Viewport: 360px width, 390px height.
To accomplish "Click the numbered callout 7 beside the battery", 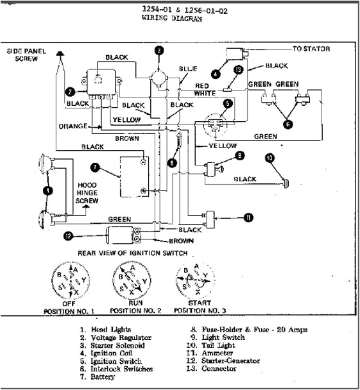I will pyautogui.click(x=95, y=168).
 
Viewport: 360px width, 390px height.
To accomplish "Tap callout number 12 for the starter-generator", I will pyautogui.click(x=69, y=235).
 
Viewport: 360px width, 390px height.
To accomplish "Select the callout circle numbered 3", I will pyautogui.click(x=159, y=50).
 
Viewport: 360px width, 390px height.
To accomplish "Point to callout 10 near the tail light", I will pyautogui.click(x=270, y=157).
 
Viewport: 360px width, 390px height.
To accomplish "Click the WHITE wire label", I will pyautogui.click(x=205, y=94).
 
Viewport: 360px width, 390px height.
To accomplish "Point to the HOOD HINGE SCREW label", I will pyautogui.click(x=87, y=192).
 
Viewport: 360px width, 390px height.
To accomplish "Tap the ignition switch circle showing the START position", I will pyautogui.click(x=196, y=280).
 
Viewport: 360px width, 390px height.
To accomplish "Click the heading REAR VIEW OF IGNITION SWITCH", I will pyautogui.click(x=132, y=253).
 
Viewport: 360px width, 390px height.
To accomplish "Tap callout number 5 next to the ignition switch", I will pyautogui.click(x=227, y=103).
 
